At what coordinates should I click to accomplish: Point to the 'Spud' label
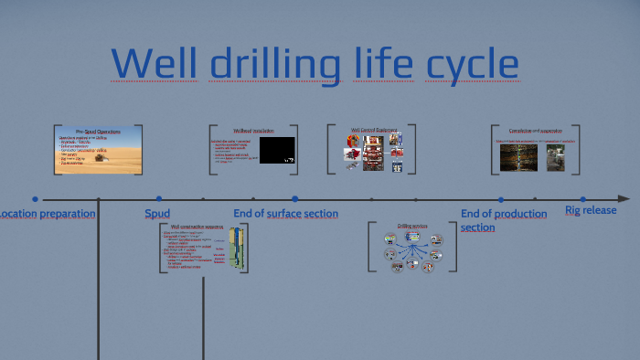(157, 214)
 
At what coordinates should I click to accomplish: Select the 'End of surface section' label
(285, 214)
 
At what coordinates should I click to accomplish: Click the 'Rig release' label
(591, 210)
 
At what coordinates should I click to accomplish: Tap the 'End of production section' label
(504, 220)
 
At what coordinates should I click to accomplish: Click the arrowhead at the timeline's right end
(624, 198)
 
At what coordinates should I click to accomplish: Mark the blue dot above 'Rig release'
(582, 198)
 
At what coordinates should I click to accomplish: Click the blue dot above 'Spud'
(158, 198)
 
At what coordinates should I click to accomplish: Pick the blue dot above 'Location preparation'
(35, 198)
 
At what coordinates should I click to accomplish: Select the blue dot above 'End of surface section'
(294, 198)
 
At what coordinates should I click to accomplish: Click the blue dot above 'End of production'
(501, 198)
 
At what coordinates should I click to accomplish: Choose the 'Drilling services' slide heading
(411, 226)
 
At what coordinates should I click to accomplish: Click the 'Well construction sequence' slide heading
(197, 226)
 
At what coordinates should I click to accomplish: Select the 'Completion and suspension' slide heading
(536, 131)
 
